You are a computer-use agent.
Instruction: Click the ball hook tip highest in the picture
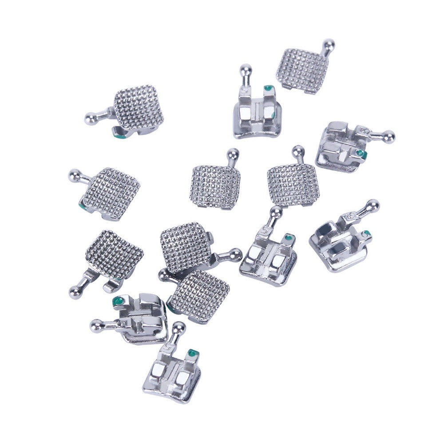point(329,44)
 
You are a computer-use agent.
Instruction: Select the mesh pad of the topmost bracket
point(303,71)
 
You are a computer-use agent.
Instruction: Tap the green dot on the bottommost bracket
point(192,354)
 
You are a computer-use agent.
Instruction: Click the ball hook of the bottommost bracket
point(178,329)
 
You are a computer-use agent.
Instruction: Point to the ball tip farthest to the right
point(388,137)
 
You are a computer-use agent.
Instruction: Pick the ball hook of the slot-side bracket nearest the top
point(246,70)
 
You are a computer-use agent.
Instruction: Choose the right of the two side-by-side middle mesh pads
point(293,184)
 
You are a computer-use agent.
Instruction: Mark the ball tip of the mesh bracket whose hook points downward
point(75,292)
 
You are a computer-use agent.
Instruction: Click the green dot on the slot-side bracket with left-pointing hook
point(118,302)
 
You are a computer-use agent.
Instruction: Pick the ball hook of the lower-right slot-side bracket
point(372,205)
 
